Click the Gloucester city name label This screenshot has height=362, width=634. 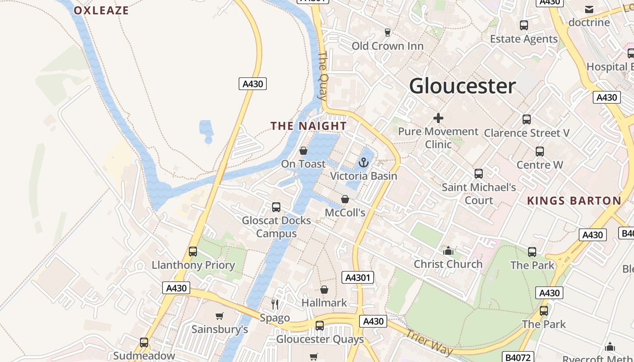[x=462, y=86]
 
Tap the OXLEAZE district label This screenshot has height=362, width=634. [x=101, y=10]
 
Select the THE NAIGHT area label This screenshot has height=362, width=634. [x=309, y=126]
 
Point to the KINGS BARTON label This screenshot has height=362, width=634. [x=574, y=201]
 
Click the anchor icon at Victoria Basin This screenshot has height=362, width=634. [x=364, y=162]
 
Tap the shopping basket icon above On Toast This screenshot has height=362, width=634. [x=303, y=151]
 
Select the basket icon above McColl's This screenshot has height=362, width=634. [x=345, y=199]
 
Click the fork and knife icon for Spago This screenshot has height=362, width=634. [x=275, y=304]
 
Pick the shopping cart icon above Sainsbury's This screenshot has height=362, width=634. [x=220, y=316]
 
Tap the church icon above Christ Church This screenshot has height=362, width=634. [x=448, y=251]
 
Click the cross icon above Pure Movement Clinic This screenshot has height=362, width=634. [x=438, y=118]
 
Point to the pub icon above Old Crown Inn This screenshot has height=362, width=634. [x=388, y=32]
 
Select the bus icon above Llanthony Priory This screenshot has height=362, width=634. [x=193, y=252]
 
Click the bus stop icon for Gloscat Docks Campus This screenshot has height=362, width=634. [x=276, y=207]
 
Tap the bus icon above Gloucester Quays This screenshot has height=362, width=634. [x=320, y=325]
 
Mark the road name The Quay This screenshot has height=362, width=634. [x=322, y=75]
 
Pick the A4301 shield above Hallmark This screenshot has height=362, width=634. [x=358, y=277]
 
